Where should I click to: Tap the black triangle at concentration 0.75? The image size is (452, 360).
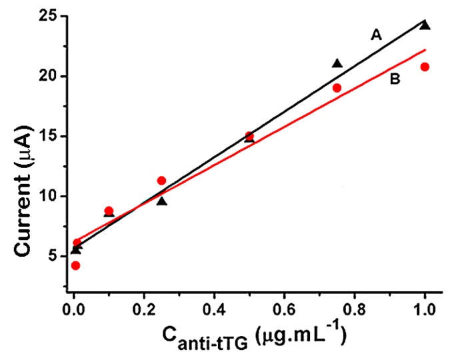337,63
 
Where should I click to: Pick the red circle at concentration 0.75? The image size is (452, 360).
337,87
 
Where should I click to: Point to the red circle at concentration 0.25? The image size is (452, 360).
161,181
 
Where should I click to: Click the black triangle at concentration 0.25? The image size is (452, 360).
161,201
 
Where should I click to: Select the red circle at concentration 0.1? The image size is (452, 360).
109,211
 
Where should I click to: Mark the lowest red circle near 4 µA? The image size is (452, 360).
75,265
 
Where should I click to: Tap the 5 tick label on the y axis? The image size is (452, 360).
57,256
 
